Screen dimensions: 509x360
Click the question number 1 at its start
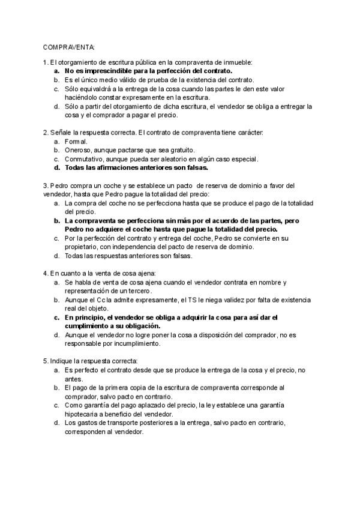45,62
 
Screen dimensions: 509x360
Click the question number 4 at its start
45,273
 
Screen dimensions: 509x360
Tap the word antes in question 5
73,379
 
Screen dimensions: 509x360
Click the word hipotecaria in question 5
83,414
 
